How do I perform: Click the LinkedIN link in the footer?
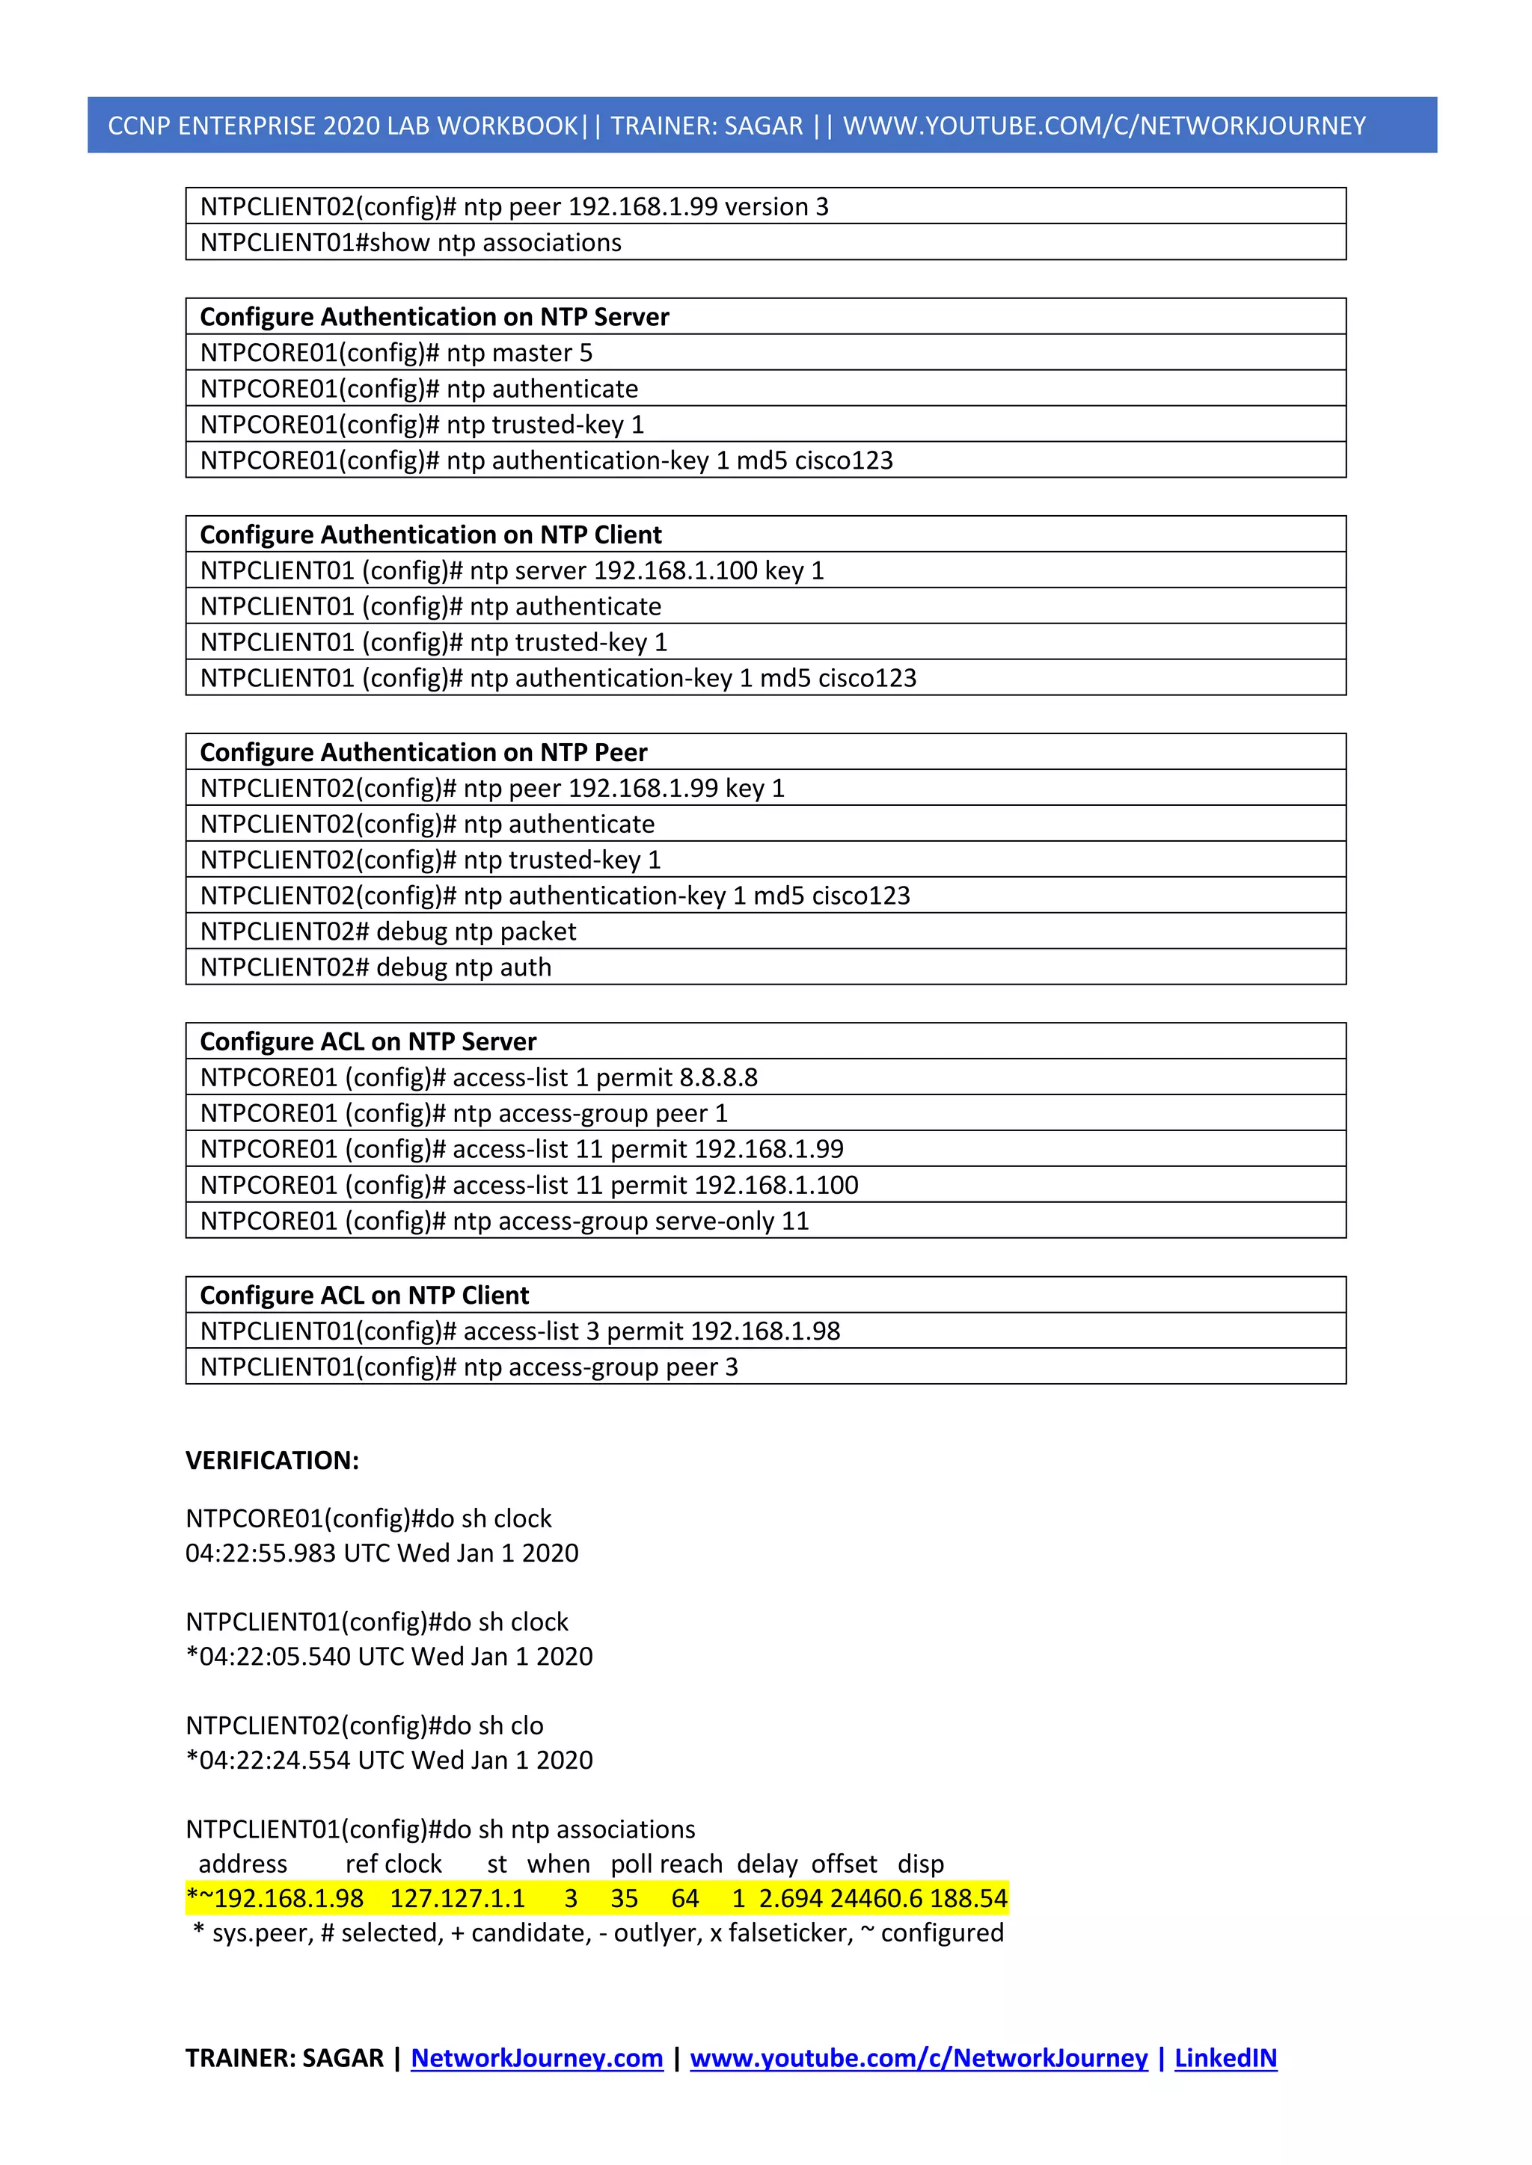tap(1225, 2057)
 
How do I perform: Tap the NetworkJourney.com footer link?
tap(537, 2057)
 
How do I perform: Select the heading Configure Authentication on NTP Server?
tap(434, 317)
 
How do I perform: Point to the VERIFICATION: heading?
tap(272, 1461)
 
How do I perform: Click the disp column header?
tap(920, 1864)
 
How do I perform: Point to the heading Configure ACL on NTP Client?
tap(364, 1296)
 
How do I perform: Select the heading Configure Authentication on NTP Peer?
tap(423, 753)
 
